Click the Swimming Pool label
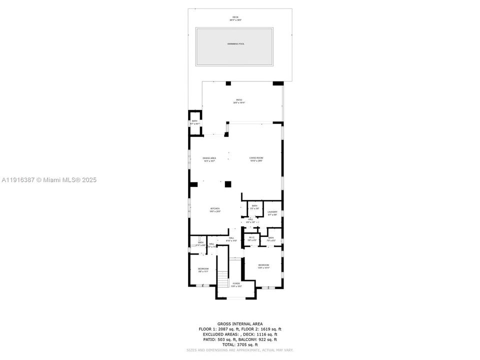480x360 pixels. click(x=235, y=44)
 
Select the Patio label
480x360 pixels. click(x=239, y=101)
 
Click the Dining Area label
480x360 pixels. click(x=209, y=159)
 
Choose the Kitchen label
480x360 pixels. click(x=214, y=209)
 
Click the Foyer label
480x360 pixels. click(x=235, y=284)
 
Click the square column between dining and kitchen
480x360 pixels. click(x=228, y=184)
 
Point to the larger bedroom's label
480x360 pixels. click(x=263, y=266)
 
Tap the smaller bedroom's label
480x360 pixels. click(x=202, y=270)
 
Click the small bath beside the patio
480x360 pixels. click(x=194, y=122)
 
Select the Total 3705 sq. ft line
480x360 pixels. click(x=240, y=344)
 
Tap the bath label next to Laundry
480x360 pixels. click(x=254, y=207)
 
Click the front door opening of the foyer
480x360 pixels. click(x=235, y=298)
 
